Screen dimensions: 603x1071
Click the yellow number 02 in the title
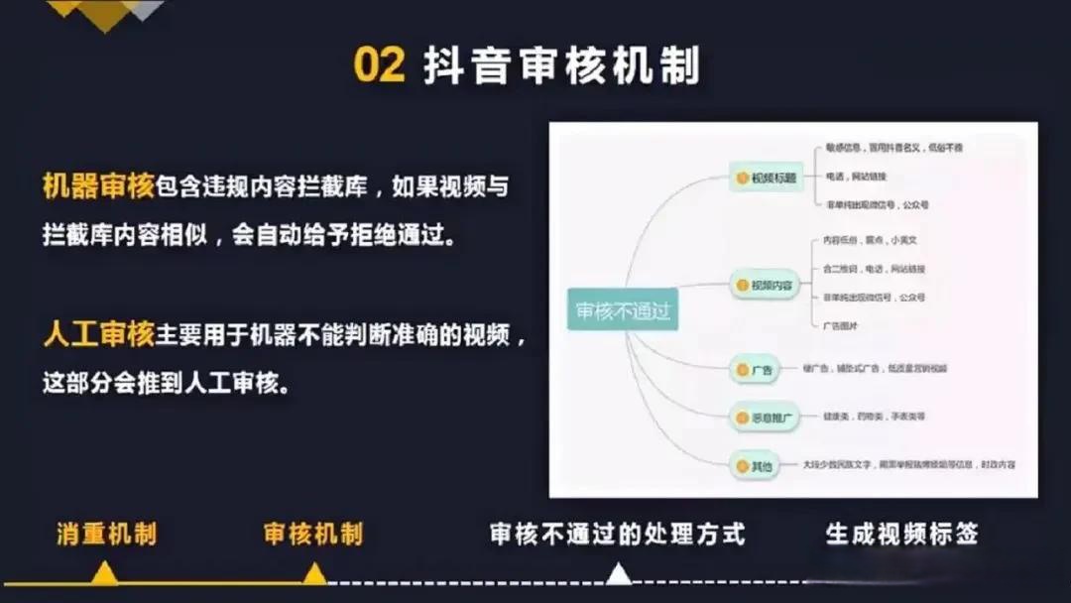click(379, 65)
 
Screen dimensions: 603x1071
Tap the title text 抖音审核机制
click(561, 65)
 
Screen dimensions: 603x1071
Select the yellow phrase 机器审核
click(99, 186)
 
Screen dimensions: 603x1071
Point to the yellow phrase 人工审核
click(99, 335)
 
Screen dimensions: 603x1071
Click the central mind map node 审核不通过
click(623, 310)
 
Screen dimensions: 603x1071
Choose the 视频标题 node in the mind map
click(768, 179)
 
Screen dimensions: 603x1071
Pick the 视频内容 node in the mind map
click(766, 286)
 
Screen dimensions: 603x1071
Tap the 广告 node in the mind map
click(756, 370)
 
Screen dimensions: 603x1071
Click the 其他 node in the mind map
click(756, 464)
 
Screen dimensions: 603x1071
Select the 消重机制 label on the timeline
click(106, 535)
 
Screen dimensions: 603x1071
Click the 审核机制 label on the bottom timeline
click(312, 535)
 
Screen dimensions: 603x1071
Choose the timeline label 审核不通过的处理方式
click(617, 535)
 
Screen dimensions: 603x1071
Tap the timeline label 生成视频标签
click(901, 535)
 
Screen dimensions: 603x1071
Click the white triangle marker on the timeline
click(618, 574)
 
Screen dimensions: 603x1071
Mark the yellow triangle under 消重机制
click(104, 574)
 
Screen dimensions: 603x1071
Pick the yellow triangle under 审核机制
click(314, 574)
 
